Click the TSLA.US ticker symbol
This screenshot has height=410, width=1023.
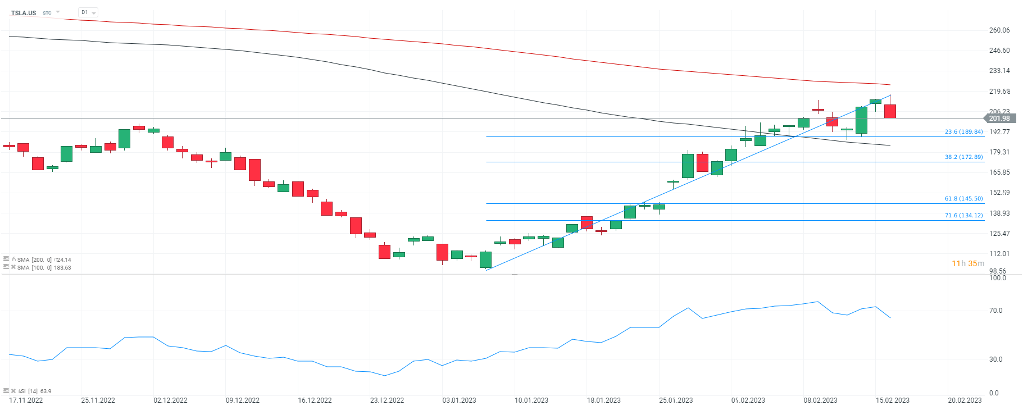24,13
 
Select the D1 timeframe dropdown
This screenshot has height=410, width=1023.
88,12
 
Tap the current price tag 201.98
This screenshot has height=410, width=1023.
999,119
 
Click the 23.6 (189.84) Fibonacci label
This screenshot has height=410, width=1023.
963,132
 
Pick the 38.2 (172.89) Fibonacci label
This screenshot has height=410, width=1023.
963,157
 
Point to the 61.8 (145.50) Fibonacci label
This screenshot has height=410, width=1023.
963,199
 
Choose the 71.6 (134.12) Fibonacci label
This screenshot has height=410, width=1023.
963,216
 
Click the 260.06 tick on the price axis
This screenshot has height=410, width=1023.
999,30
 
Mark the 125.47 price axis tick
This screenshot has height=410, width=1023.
999,234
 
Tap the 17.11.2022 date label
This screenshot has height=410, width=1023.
26,400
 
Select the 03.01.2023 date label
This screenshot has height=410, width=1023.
459,400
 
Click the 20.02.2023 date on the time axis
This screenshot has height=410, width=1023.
965,400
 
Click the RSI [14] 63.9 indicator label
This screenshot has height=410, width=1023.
35,391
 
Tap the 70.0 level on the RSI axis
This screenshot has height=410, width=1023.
995,311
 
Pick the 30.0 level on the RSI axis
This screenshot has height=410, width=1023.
995,359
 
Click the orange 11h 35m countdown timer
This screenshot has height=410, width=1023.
967,263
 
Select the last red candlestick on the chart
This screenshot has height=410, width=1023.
890,111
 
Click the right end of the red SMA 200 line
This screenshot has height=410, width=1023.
889,85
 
